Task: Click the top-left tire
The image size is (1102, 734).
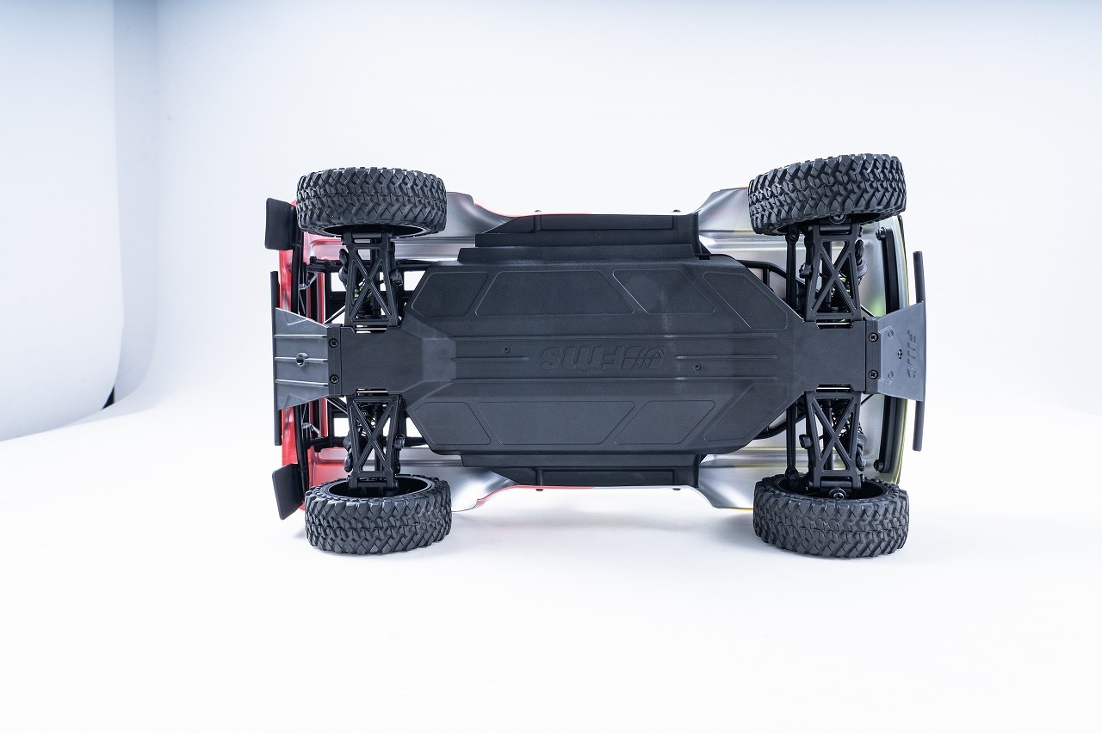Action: click(371, 200)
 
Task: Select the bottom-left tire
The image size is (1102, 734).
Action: click(377, 515)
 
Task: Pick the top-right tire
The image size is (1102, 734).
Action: click(826, 194)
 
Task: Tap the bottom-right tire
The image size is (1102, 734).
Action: click(830, 516)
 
